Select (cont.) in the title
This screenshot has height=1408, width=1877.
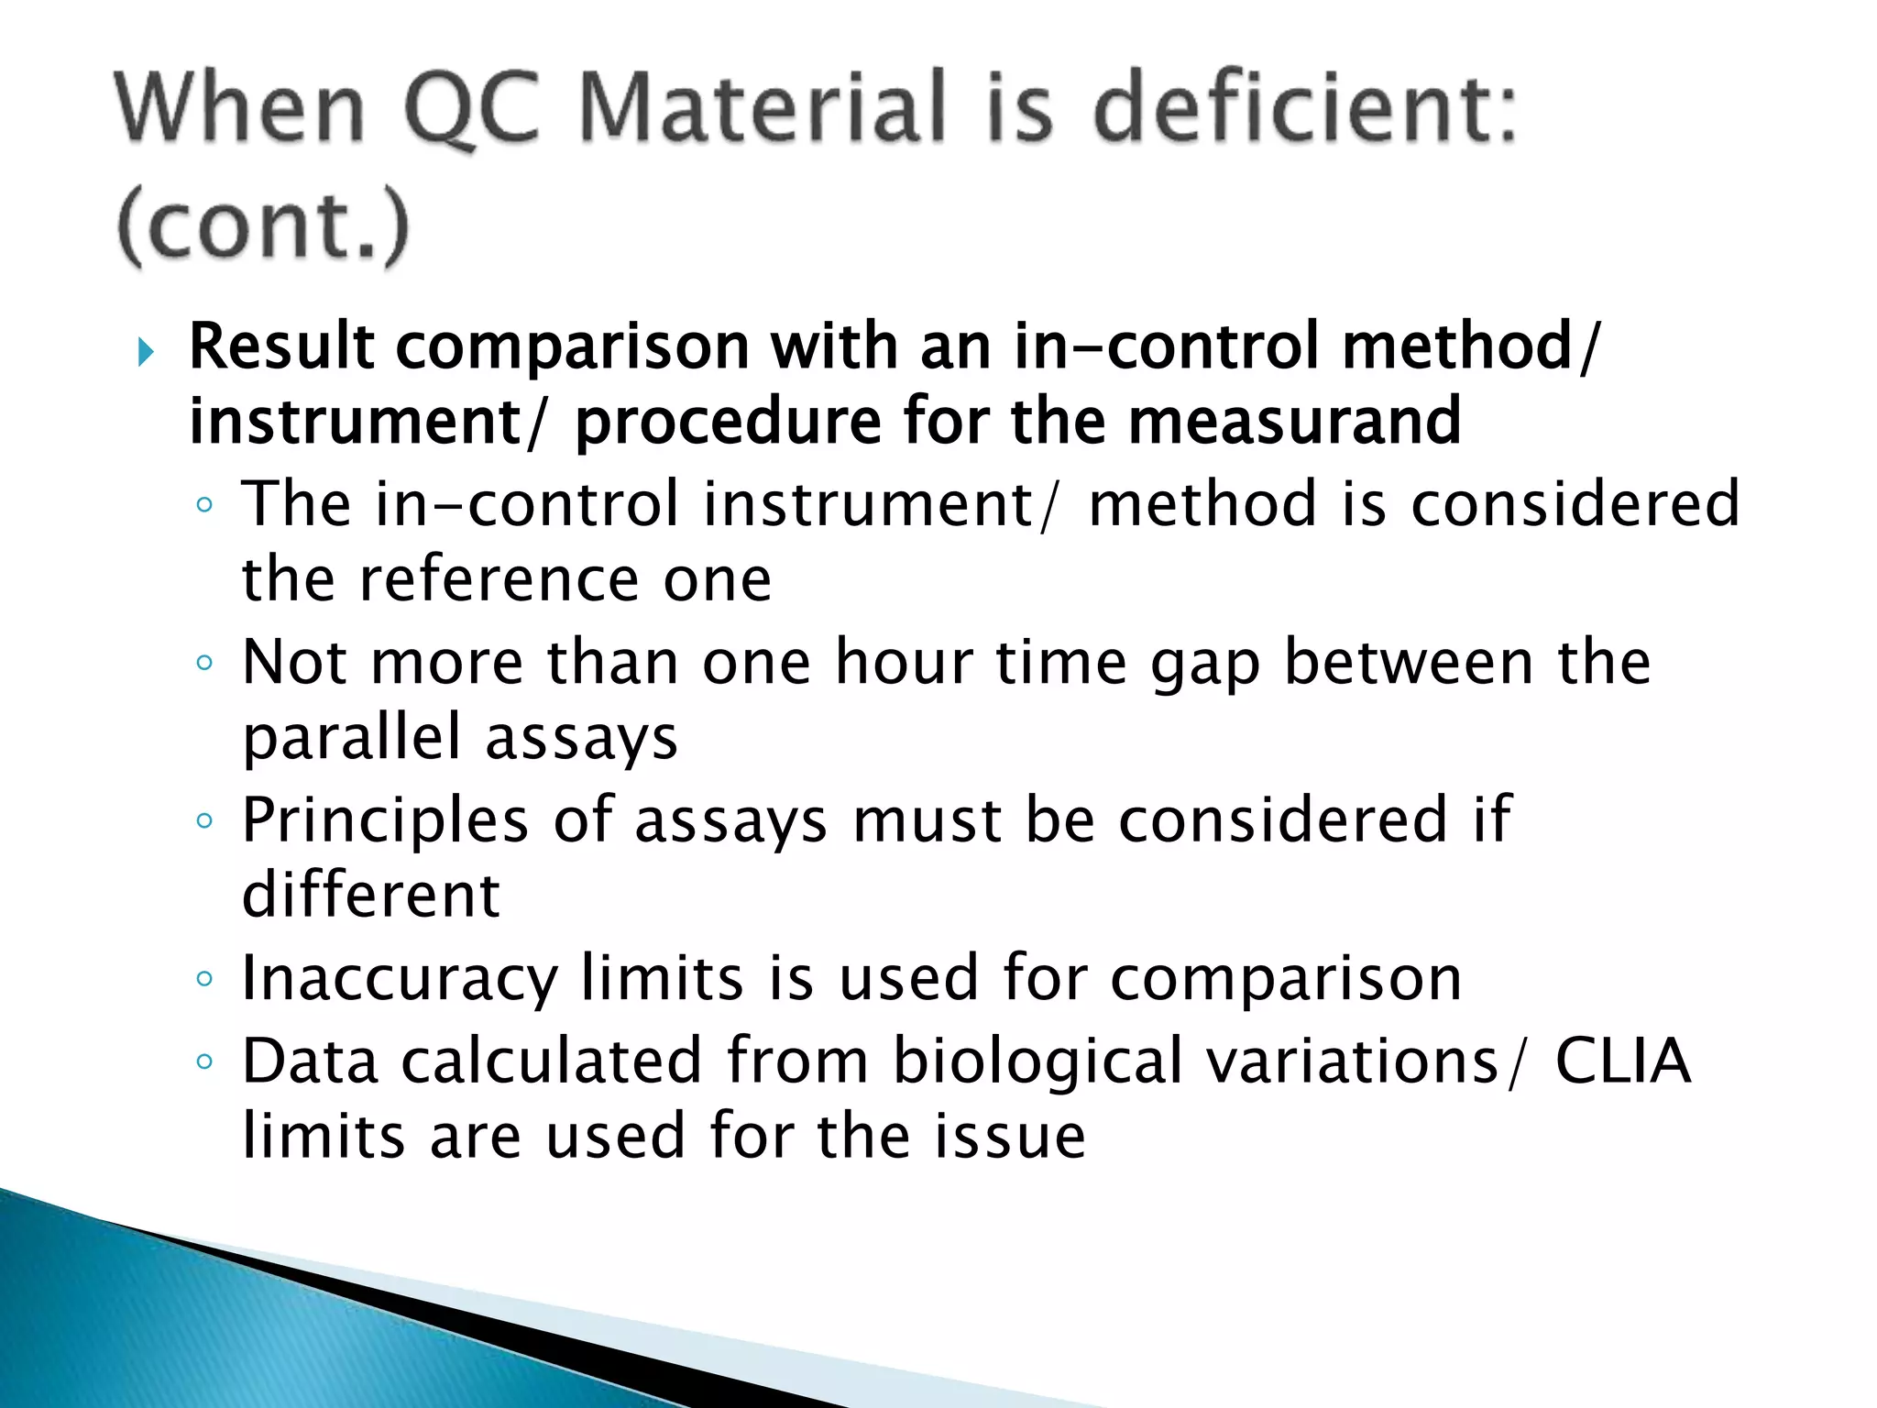263,225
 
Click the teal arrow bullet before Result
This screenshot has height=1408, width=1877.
145,351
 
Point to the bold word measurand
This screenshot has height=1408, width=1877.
1293,421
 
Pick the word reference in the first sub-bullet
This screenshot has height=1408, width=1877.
499,579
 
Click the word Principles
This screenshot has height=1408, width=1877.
385,819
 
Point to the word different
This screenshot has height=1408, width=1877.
371,895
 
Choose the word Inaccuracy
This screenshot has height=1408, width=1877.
400,978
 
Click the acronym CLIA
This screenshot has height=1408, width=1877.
1622,1061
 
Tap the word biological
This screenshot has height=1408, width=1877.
1037,1061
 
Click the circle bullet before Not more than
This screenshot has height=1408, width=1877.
204,663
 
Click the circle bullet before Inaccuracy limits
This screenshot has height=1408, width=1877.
204,979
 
